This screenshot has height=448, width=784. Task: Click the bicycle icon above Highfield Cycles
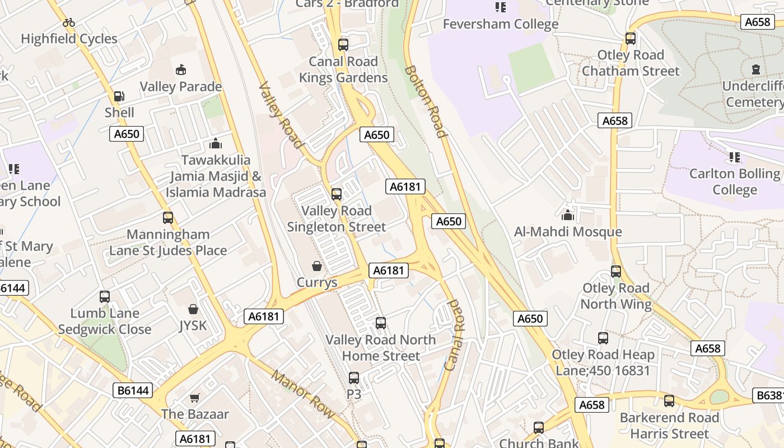coord(69,23)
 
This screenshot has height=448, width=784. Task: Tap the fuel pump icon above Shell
coord(119,96)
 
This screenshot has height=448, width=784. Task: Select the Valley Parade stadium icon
coord(180,70)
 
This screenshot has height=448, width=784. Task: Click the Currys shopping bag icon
coord(317,265)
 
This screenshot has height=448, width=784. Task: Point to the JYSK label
coord(193,325)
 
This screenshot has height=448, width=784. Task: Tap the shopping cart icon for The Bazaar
coord(194,398)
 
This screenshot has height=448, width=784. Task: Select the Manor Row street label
coord(303,394)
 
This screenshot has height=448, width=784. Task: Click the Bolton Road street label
coord(426,101)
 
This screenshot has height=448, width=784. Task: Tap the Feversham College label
coord(500,24)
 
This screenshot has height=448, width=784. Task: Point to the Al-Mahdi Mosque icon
coord(568,215)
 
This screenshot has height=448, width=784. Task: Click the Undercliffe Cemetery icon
coord(755,70)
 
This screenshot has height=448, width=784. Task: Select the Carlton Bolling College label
coord(734,181)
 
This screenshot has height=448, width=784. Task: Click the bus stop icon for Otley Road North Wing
coord(616,272)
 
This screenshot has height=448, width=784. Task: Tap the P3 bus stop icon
coord(353,378)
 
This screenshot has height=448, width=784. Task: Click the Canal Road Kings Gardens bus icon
coord(343,45)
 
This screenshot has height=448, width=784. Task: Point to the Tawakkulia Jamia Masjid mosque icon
coord(216,144)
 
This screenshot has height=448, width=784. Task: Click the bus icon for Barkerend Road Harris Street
coord(669,401)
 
